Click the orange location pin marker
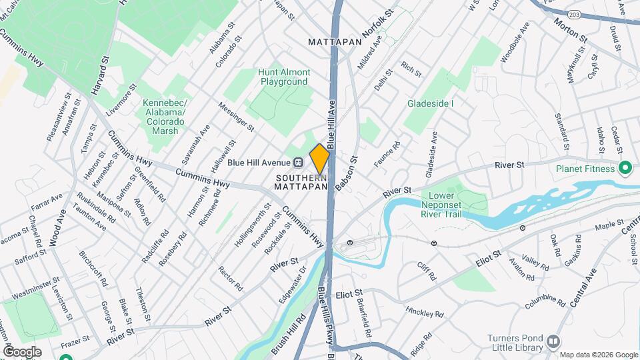pos(319,159)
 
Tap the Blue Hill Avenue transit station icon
pos(299,162)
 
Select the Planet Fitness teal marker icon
pos(625,168)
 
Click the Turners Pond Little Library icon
pos(553,341)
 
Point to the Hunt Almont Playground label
pos(285,77)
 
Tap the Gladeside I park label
pos(431,103)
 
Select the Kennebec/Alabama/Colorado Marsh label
pos(164,117)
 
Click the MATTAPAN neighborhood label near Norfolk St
pos(335,41)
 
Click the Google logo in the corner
pos(22,351)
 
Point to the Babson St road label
pos(347,174)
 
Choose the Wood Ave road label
pos(59,229)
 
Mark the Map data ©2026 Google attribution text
pos(598,355)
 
